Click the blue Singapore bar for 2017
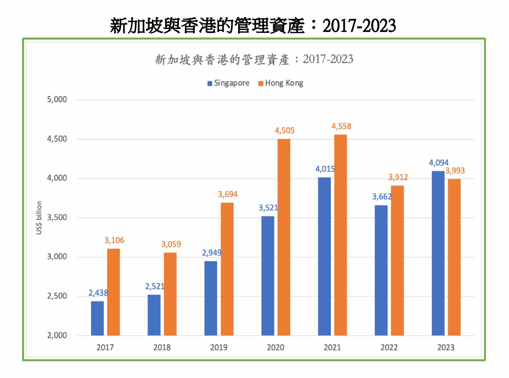click(97, 318)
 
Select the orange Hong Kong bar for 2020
click(284, 237)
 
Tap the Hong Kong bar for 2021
click(340, 235)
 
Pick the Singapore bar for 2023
click(438, 253)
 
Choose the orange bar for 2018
click(170, 294)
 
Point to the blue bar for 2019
click(211, 298)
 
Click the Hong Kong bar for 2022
click(397, 260)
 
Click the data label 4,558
click(341, 127)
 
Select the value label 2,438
click(98, 293)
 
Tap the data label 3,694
click(227, 194)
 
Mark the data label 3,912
click(397, 177)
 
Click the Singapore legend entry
click(228, 83)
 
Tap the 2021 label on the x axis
click(332, 347)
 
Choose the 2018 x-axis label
click(162, 347)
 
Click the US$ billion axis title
click(39, 218)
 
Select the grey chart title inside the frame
click(254, 59)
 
